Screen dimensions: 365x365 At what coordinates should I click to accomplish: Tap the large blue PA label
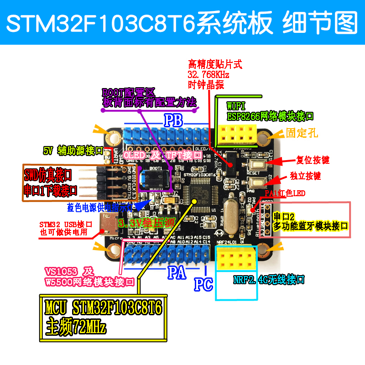[x=177, y=273]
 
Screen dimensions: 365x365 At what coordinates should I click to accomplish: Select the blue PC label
[x=203, y=284]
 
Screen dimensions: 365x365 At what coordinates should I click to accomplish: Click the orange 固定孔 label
[x=302, y=133]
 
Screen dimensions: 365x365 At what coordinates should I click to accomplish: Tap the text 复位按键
[x=313, y=160]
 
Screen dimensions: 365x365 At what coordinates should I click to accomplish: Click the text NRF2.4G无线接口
[x=269, y=280]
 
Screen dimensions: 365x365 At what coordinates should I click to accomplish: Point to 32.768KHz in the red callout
[x=208, y=74]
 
